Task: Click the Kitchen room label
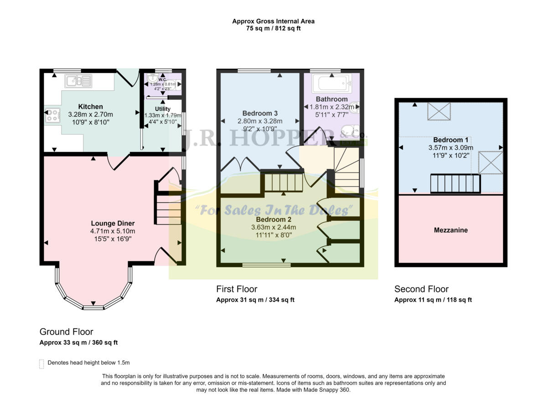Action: coord(90,107)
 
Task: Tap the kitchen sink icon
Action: coord(78,81)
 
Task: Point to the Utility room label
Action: coord(163,109)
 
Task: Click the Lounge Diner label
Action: coord(113,223)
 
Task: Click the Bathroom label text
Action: coord(331,99)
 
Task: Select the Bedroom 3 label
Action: coord(260,113)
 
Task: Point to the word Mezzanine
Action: coord(450,230)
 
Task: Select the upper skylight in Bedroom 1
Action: coord(439,111)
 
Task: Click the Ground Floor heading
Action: coord(66,332)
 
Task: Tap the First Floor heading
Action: coord(237,289)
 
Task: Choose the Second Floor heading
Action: coord(421,289)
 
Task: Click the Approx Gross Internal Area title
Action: coord(273,21)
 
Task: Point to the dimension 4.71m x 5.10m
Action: coord(113,231)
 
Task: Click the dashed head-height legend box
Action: coord(42,364)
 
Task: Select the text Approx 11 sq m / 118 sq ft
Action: coord(433,300)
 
